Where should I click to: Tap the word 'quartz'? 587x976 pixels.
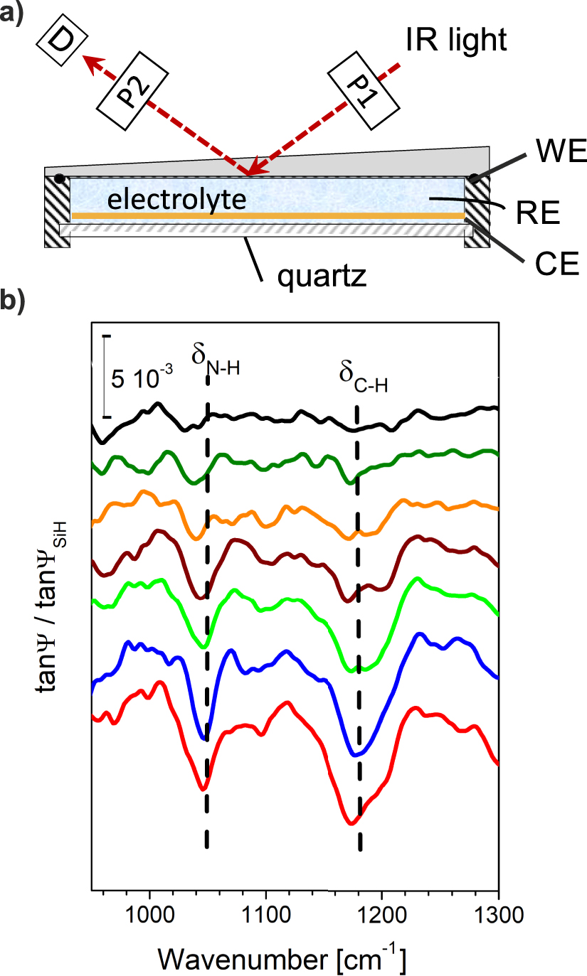[x=321, y=274]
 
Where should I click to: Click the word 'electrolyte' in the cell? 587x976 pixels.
[x=176, y=200]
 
